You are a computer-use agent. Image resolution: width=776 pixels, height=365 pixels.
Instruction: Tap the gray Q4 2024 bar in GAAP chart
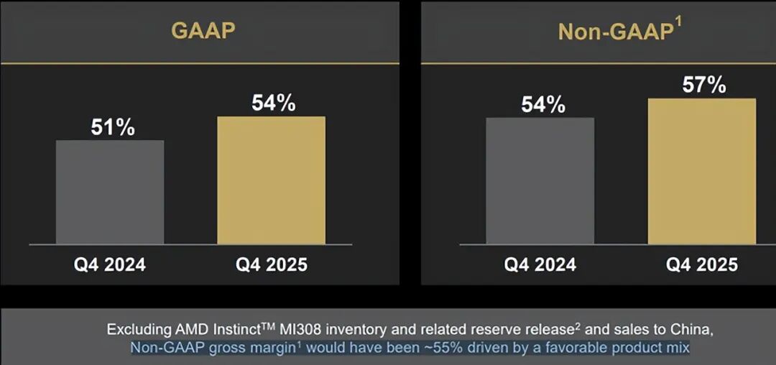(x=110, y=192)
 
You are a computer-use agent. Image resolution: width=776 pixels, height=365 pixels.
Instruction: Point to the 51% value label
(x=113, y=127)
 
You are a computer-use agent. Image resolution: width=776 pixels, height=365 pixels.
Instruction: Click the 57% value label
(x=704, y=86)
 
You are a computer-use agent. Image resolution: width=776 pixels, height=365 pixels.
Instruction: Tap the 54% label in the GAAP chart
(x=273, y=103)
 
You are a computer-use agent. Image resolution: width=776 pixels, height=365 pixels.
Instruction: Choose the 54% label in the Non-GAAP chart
(x=542, y=105)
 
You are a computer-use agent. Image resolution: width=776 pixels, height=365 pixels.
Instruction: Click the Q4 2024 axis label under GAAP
(x=109, y=264)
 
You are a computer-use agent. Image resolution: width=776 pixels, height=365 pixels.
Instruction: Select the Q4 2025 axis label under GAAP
(x=272, y=264)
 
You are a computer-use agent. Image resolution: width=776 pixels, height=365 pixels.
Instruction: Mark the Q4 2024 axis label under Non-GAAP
(x=540, y=264)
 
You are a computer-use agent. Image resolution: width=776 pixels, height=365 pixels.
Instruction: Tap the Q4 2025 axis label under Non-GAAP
(x=701, y=264)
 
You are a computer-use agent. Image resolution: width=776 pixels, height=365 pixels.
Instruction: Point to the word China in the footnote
(x=693, y=330)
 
